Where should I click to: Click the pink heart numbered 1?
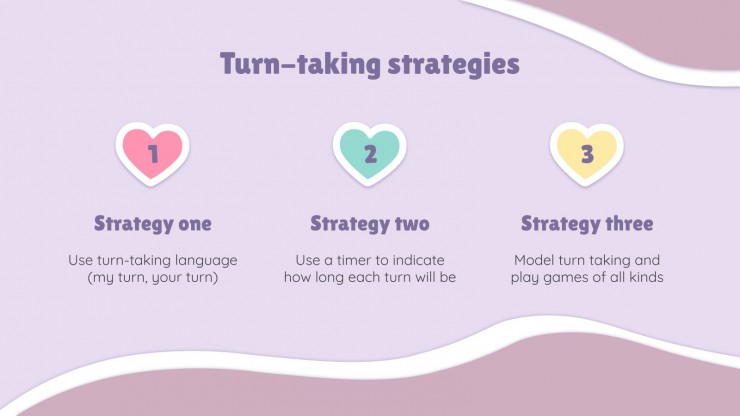click(152, 154)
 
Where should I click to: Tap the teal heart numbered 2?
click(370, 154)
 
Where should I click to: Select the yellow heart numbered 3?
click(587, 154)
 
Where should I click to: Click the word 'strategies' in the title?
click(454, 65)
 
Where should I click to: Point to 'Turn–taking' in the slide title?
click(300, 64)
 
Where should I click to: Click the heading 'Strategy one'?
click(152, 224)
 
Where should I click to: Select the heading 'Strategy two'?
click(370, 224)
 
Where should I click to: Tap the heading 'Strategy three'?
click(587, 224)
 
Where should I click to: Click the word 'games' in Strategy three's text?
click(566, 278)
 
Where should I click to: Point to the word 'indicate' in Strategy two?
click(419, 260)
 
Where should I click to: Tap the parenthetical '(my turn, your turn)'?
click(152, 277)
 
